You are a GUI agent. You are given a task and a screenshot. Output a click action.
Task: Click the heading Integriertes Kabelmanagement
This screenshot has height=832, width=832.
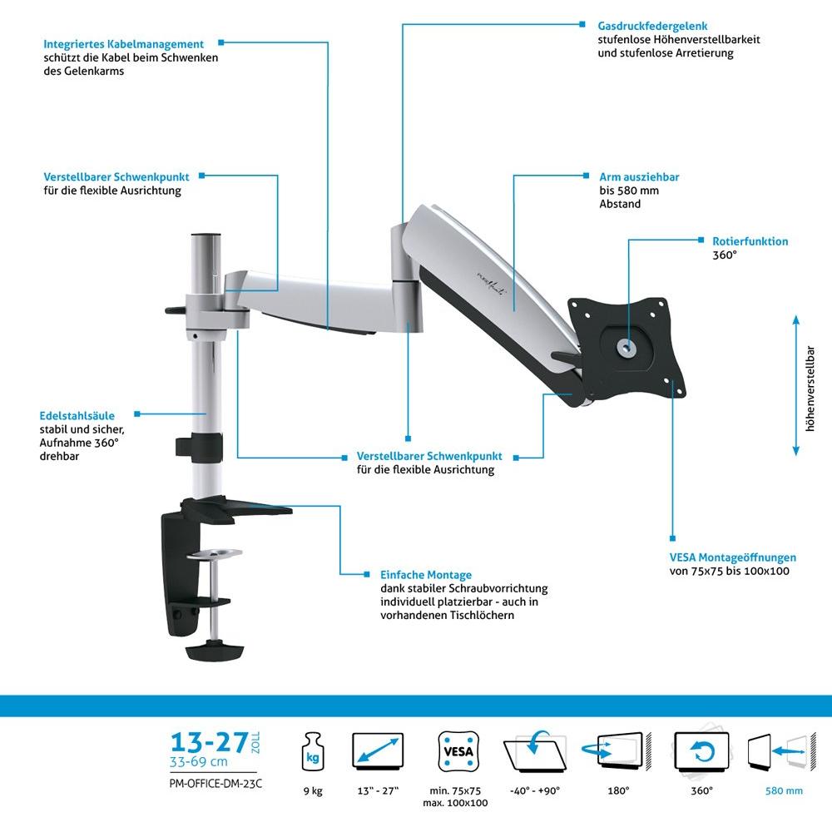(123, 44)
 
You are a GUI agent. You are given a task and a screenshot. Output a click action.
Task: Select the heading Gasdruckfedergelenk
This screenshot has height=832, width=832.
(652, 26)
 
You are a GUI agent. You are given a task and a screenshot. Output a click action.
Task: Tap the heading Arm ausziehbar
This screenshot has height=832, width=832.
(639, 176)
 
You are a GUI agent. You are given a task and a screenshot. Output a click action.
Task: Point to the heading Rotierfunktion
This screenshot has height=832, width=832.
(750, 241)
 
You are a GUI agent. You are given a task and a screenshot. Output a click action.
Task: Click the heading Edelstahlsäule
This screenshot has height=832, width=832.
(77, 415)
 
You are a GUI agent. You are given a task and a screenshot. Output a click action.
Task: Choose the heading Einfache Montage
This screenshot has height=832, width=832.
(425, 575)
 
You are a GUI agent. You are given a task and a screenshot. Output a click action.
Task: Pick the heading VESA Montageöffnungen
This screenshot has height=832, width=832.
(732, 557)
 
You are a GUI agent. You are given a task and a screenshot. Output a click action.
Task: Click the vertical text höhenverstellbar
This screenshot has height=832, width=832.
(810, 389)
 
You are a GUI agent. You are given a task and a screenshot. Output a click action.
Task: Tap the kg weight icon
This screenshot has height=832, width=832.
(313, 751)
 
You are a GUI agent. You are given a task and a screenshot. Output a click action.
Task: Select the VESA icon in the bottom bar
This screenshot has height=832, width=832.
(458, 751)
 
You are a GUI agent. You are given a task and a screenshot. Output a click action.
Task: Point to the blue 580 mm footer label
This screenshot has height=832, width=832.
(784, 790)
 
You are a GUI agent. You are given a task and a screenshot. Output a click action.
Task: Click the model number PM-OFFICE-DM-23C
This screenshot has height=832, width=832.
(215, 784)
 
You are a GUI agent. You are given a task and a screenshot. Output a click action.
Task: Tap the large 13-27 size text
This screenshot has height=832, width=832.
(209, 742)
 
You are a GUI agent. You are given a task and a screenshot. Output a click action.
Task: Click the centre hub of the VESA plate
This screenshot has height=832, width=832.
(627, 348)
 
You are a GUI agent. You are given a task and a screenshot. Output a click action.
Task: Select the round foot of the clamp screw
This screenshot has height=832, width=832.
(215, 651)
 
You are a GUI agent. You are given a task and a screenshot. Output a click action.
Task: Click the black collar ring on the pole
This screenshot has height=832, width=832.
(200, 446)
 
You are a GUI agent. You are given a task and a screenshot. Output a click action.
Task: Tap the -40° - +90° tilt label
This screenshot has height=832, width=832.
(535, 790)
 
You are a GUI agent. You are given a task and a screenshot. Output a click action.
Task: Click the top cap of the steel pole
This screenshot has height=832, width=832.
(206, 235)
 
